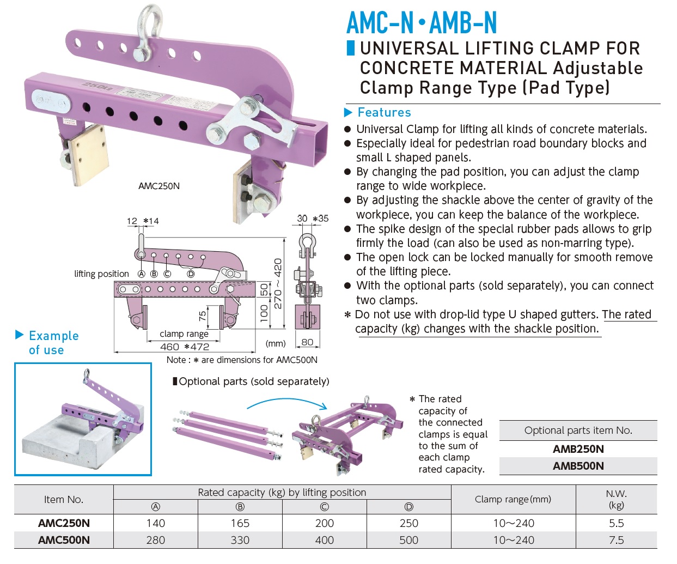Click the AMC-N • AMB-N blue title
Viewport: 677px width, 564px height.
pyautogui.click(x=422, y=23)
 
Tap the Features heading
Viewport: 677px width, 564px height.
pyautogui.click(x=383, y=113)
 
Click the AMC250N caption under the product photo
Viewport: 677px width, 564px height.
pyautogui.click(x=159, y=186)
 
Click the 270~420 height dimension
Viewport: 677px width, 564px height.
pyautogui.click(x=278, y=283)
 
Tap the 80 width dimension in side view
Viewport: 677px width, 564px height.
pyautogui.click(x=307, y=342)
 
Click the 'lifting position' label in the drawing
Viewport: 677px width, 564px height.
pyautogui.click(x=101, y=274)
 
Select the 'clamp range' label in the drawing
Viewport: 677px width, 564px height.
pyautogui.click(x=184, y=333)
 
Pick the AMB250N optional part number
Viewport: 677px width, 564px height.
pyautogui.click(x=578, y=449)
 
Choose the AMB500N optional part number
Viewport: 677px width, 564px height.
pyautogui.click(x=578, y=466)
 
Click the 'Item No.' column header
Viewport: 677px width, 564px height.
pyautogui.click(x=64, y=499)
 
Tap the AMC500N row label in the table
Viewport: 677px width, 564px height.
pyautogui.click(x=64, y=540)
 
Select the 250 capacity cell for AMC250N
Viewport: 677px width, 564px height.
pyautogui.click(x=408, y=523)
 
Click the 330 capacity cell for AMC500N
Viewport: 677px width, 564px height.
pyautogui.click(x=240, y=540)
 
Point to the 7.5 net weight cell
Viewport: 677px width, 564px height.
pyautogui.click(x=616, y=540)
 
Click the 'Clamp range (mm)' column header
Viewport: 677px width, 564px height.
pyautogui.click(x=513, y=499)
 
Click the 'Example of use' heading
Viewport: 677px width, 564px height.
pyautogui.click(x=53, y=343)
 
